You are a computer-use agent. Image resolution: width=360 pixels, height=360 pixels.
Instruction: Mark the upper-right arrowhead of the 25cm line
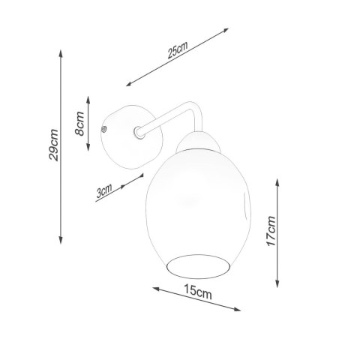tap(227, 31)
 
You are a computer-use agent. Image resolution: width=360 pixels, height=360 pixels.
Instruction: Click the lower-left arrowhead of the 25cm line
tap(128, 84)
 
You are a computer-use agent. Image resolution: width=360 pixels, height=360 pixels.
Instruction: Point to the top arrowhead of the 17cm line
tap(280, 180)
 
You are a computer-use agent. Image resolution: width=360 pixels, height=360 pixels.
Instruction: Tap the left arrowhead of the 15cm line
tap(153, 287)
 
